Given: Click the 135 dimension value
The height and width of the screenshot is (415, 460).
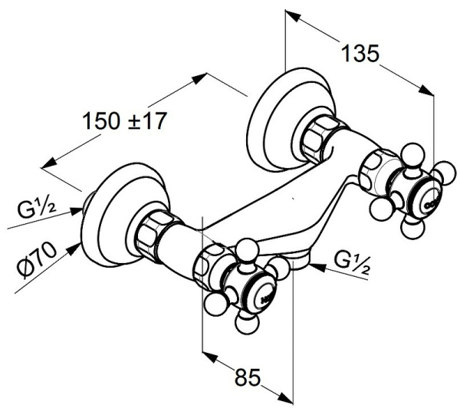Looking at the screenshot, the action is click(x=360, y=54).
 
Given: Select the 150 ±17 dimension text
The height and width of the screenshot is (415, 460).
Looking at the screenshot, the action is click(x=125, y=121).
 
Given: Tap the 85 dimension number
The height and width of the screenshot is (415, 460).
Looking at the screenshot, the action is click(x=248, y=377).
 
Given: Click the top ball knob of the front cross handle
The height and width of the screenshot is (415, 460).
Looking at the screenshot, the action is click(x=248, y=250).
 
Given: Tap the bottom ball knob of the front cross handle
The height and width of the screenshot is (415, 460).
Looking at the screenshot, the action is click(x=248, y=323).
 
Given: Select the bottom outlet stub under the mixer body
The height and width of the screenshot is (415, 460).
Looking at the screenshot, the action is click(x=301, y=261).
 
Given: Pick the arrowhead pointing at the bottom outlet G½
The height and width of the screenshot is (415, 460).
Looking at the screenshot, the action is click(x=317, y=266).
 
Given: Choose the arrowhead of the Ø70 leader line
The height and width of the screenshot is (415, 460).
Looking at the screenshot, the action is click(x=74, y=249).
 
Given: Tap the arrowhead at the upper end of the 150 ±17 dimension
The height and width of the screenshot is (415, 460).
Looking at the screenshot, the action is click(x=200, y=78).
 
